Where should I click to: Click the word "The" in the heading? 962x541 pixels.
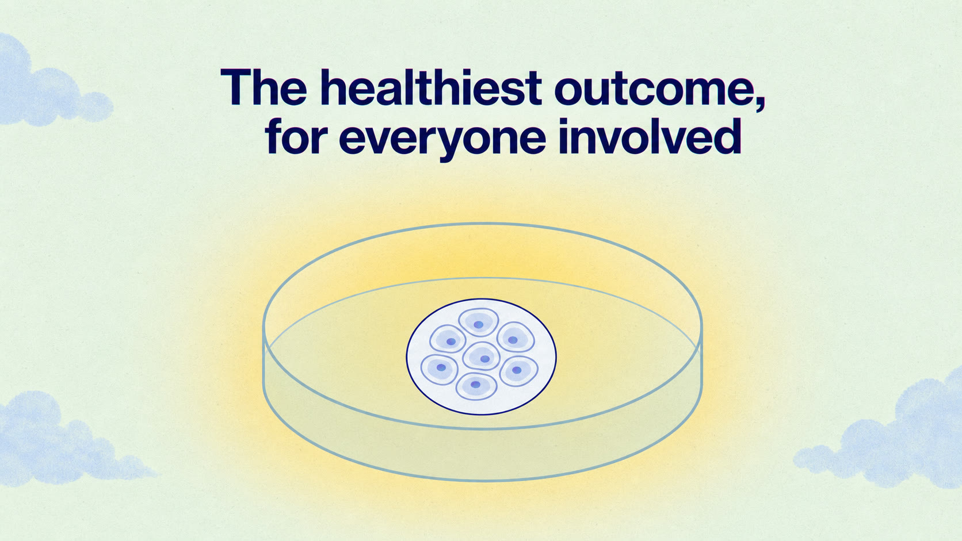click(x=264, y=87)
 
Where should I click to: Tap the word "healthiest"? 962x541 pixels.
click(x=431, y=87)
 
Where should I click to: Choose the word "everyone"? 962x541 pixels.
click(x=443, y=140)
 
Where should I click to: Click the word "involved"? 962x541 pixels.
click(x=650, y=136)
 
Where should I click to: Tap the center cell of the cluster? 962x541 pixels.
click(x=482, y=356)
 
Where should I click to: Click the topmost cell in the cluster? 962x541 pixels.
click(x=479, y=323)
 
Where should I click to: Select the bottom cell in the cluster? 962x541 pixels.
click(x=476, y=386)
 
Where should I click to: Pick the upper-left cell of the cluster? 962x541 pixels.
click(x=448, y=339)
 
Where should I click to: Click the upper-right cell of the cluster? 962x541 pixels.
click(x=516, y=337)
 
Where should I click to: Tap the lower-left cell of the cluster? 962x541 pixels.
click(x=440, y=370)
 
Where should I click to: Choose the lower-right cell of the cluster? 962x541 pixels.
click(x=519, y=371)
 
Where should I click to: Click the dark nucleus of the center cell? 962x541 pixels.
click(x=485, y=359)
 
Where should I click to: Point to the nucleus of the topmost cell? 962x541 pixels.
click(x=479, y=325)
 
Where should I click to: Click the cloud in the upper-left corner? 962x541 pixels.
click(x=47, y=86)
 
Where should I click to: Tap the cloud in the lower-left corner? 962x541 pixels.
click(x=64, y=442)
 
